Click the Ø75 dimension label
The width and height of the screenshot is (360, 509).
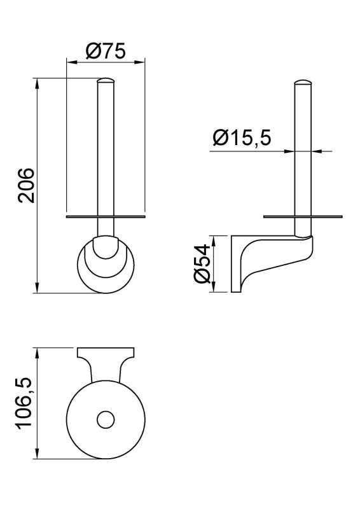(106, 52)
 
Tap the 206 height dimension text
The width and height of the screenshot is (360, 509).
(26, 186)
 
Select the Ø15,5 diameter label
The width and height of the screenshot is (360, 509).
(242, 137)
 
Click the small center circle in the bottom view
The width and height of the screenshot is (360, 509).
(106, 420)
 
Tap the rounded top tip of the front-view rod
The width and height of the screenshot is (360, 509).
(106, 80)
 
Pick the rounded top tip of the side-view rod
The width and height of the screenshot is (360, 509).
(303, 81)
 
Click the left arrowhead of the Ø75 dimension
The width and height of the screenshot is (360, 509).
(70, 62)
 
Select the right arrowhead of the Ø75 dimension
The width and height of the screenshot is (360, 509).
(141, 62)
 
